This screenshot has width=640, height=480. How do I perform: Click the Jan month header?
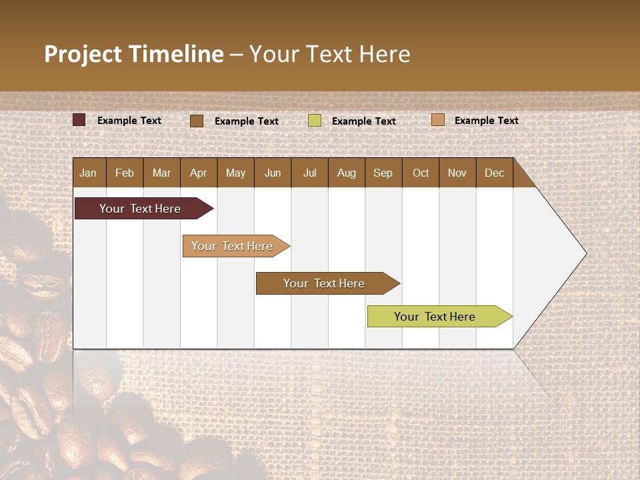88,173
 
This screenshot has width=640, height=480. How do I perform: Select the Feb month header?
125,173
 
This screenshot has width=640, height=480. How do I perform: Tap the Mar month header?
161,173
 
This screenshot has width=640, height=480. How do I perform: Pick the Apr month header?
199,173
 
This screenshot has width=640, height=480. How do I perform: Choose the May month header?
235,173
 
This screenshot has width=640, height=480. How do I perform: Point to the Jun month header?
273,173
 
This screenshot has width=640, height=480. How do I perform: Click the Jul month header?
309,173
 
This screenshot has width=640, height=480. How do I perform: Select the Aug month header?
347,173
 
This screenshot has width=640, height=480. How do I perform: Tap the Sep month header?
383,173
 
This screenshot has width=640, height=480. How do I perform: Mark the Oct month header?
421,173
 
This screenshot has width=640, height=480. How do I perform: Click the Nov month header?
457,173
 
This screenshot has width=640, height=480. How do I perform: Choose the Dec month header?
495,173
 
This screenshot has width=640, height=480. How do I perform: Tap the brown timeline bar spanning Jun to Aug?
325,283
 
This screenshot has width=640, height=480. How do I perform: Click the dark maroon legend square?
79,120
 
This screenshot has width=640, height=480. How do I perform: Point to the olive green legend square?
315,121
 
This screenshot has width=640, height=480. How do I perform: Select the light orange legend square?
437,120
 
